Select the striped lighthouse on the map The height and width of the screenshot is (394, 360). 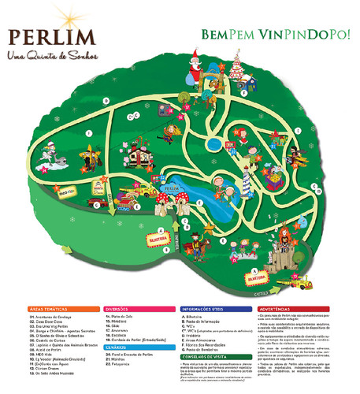(246, 182)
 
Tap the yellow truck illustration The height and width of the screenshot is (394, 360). (147, 191)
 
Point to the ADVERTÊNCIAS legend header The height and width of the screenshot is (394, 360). (283, 310)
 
